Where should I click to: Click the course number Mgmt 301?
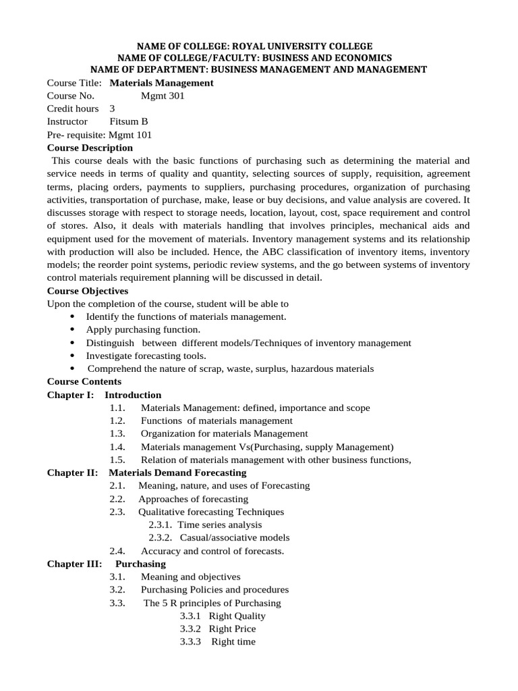point(162,96)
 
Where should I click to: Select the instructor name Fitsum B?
point(128,121)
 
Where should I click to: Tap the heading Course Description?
point(90,148)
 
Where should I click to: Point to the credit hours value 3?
point(112,109)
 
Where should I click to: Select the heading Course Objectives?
point(87,291)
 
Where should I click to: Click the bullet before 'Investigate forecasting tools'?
point(73,356)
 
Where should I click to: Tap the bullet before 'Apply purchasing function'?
point(73,330)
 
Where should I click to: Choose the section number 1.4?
point(117,447)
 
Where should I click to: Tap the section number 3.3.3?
point(192,642)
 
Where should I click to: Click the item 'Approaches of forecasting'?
point(194,499)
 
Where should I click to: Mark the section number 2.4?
point(117,551)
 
